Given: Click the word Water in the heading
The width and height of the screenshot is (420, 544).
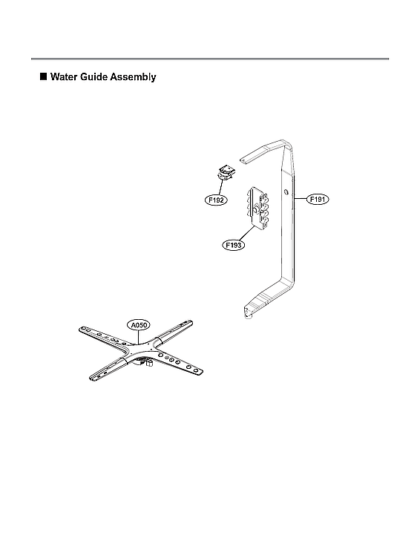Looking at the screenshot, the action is click(64, 76).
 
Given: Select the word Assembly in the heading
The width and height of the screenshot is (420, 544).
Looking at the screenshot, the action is click(133, 77).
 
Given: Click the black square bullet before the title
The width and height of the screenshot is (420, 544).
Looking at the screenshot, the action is click(43, 76).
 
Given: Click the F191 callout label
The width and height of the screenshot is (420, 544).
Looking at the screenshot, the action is click(318, 199).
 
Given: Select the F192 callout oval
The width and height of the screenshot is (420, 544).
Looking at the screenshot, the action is click(215, 200).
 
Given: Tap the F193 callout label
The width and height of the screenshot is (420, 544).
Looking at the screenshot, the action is click(234, 245).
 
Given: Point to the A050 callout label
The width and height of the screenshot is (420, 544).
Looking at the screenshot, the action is click(139, 325).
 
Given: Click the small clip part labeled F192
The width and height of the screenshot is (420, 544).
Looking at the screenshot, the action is click(225, 172).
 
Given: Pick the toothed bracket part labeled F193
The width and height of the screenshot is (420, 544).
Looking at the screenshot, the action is click(258, 208).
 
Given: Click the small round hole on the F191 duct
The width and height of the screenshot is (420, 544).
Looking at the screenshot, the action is click(286, 191).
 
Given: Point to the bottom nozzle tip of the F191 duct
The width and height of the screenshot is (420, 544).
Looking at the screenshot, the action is click(248, 316).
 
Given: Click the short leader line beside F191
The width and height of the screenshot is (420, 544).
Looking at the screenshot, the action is click(301, 199).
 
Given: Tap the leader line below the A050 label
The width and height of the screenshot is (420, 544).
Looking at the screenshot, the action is click(139, 337).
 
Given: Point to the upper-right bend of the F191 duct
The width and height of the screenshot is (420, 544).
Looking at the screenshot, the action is click(287, 143).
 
